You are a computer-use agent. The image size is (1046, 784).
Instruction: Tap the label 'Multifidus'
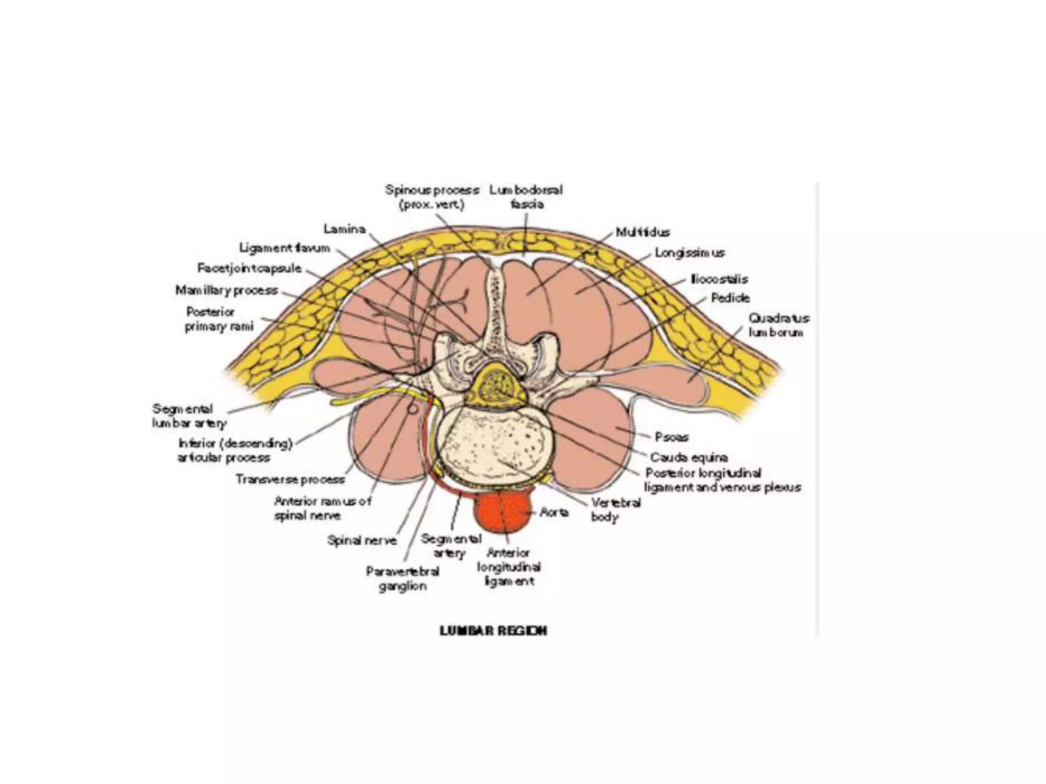click(x=643, y=232)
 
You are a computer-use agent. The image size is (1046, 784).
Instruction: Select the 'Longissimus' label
click(x=690, y=253)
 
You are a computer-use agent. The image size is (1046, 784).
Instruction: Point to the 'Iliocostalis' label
click(x=719, y=279)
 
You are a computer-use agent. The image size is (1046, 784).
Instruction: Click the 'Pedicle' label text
click(x=730, y=298)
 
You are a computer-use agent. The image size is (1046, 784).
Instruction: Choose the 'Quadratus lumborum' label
click(x=778, y=325)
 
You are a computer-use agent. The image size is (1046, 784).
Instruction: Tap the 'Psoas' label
click(x=672, y=437)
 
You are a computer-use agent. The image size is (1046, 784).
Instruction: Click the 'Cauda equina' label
click(x=688, y=457)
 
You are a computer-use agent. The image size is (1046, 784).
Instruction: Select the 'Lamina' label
click(x=345, y=229)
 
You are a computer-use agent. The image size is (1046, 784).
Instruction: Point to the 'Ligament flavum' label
click(x=285, y=249)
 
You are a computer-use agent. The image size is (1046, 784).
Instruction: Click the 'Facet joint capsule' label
click(x=250, y=268)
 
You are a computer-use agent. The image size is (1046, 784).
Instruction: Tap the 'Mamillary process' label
click(x=227, y=290)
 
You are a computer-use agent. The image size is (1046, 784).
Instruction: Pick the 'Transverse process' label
click(x=290, y=479)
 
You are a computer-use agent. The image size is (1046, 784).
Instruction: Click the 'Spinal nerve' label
click(x=362, y=540)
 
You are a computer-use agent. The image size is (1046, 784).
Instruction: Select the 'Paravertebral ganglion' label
click(x=402, y=578)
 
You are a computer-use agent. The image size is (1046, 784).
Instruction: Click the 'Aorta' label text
click(x=554, y=511)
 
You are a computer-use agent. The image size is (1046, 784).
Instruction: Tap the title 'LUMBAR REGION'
click(x=493, y=631)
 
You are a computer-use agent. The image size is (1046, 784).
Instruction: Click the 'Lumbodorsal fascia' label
click(x=526, y=197)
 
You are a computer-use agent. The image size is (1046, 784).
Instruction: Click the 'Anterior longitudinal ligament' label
click(x=509, y=567)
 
